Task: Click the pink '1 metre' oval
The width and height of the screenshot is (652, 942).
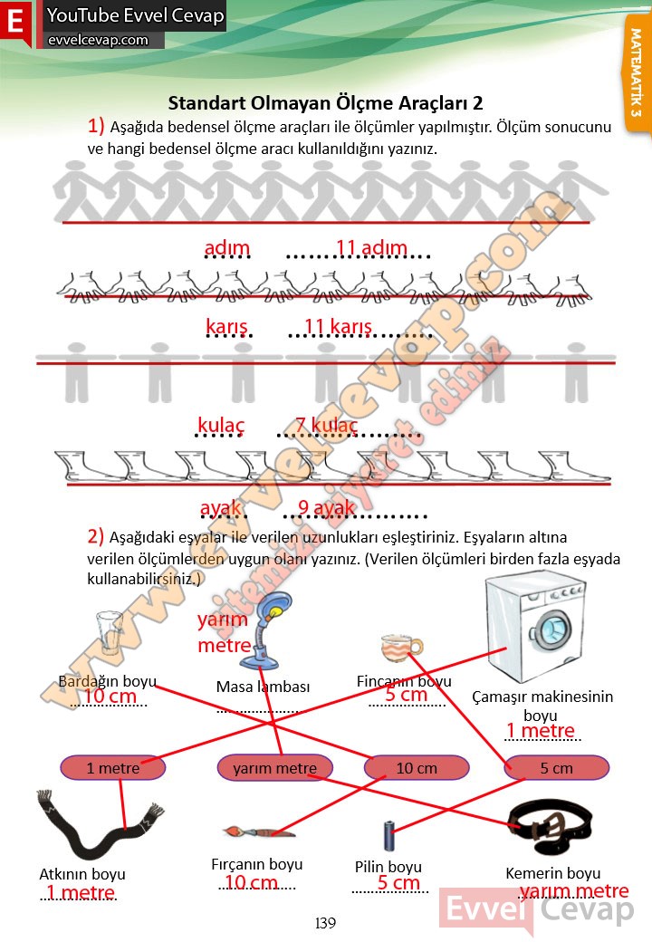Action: pyautogui.click(x=112, y=768)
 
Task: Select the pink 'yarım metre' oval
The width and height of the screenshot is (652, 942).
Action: pyautogui.click(x=274, y=768)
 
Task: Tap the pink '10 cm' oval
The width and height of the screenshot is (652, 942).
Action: pyautogui.click(x=417, y=768)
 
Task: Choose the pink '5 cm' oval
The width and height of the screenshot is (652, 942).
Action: pyautogui.click(x=556, y=768)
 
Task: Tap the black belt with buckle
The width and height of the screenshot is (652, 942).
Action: pyautogui.click(x=550, y=825)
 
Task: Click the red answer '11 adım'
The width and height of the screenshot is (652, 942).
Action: pyautogui.click(x=371, y=248)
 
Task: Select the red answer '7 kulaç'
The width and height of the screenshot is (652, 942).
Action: pyautogui.click(x=327, y=425)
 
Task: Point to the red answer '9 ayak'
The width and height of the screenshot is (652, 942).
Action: pyautogui.click(x=326, y=508)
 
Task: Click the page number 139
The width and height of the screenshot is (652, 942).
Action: pyautogui.click(x=325, y=923)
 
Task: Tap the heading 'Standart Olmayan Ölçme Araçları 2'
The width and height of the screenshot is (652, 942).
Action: pyautogui.click(x=325, y=103)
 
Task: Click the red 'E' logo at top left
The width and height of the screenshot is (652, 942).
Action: pyautogui.click(x=16, y=25)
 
